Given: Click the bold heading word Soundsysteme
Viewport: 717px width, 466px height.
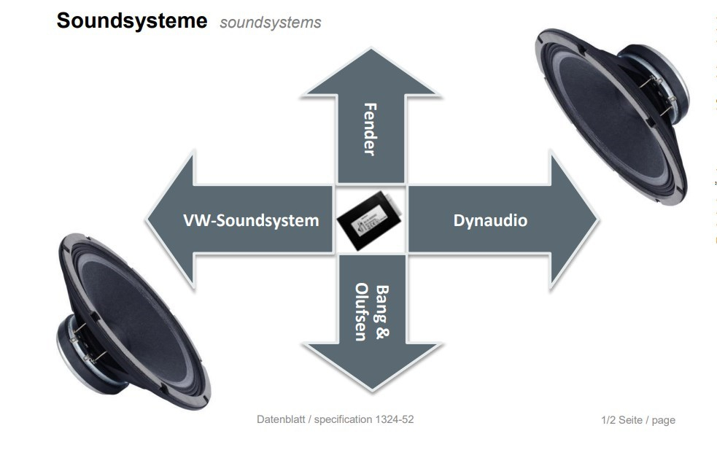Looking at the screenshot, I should (131, 20).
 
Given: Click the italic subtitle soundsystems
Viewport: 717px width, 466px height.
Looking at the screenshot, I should (270, 23).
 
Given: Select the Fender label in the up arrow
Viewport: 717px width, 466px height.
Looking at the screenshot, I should (370, 128).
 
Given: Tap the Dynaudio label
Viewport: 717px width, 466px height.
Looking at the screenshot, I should (490, 220).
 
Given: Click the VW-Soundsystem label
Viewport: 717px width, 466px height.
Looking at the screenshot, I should (252, 220).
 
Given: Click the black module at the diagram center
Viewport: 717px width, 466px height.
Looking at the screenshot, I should (371, 220).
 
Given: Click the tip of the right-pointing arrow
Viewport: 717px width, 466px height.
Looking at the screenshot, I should (596, 220).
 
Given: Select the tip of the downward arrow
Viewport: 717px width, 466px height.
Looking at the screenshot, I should (371, 389).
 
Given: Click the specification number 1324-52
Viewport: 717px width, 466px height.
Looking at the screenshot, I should (395, 419).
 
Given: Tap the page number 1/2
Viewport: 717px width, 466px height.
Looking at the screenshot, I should (608, 420).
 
